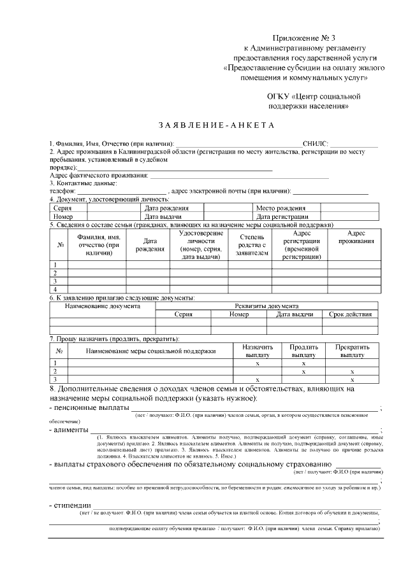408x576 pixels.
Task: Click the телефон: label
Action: pos(62,190)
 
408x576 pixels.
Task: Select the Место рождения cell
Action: pos(280,208)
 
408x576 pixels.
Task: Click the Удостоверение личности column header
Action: pos(198,245)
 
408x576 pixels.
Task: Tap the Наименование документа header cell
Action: pos(103,306)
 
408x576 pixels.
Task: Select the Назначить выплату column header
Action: pos(257,351)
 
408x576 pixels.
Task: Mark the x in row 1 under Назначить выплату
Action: pos(257,363)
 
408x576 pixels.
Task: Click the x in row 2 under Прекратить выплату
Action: pos(351,371)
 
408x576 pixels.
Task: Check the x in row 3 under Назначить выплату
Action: pos(257,379)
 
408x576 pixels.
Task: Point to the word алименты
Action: pos(71,430)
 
